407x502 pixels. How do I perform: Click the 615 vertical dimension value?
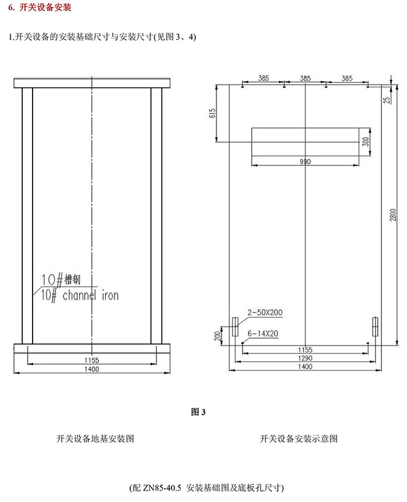(213, 113)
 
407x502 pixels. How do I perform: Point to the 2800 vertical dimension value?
(393, 215)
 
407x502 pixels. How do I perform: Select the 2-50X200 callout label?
(265, 313)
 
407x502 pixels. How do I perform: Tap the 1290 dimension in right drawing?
(305, 358)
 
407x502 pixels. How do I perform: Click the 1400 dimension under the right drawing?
(305, 368)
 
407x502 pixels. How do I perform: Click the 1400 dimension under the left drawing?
(91, 369)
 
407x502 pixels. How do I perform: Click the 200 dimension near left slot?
(217, 336)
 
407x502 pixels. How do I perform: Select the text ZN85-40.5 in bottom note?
(162, 486)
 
